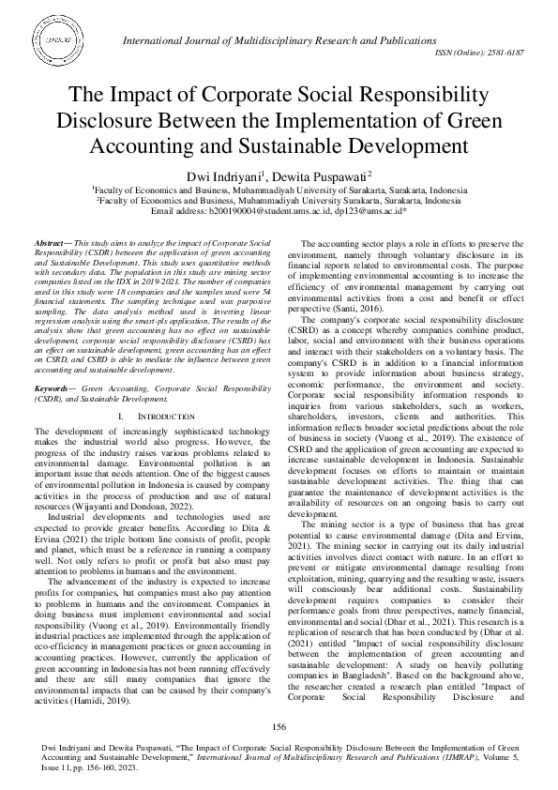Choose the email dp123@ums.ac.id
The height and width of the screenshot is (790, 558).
coord(370,212)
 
